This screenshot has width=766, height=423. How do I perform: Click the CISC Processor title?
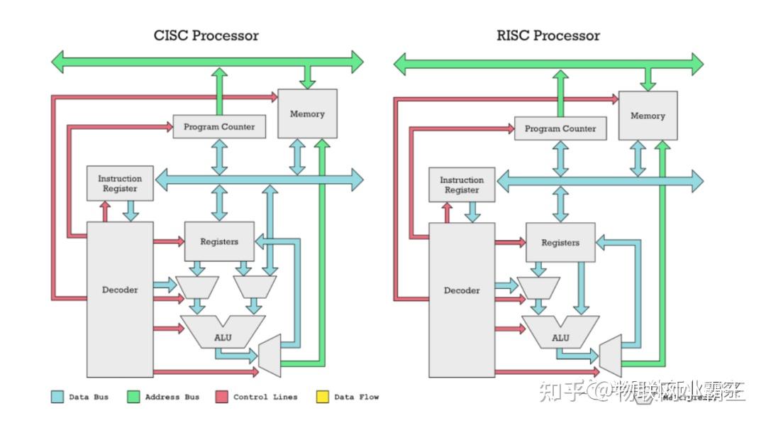click(x=206, y=35)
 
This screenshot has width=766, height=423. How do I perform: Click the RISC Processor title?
click(x=548, y=35)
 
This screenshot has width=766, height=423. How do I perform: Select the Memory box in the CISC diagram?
click(x=307, y=114)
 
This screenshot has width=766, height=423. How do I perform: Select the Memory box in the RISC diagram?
click(x=648, y=115)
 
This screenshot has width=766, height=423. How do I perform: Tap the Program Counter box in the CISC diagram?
click(x=219, y=127)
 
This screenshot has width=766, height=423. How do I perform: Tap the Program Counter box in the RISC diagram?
click(x=560, y=128)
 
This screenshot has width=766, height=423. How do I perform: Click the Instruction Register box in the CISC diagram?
click(x=120, y=184)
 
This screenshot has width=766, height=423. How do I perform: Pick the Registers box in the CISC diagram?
click(x=219, y=241)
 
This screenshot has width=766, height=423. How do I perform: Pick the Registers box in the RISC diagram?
click(x=560, y=243)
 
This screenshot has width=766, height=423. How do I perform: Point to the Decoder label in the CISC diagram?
click(x=120, y=290)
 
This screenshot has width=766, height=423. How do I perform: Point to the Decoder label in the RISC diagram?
click(x=462, y=290)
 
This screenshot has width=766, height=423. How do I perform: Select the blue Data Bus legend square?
click(x=57, y=397)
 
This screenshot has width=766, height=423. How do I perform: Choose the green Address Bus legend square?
click(x=133, y=397)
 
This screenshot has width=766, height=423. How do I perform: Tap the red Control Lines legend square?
click(x=221, y=397)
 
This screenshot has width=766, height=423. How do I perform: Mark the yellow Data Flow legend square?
click(x=323, y=397)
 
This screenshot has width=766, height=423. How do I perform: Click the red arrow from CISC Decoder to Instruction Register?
click(x=105, y=211)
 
